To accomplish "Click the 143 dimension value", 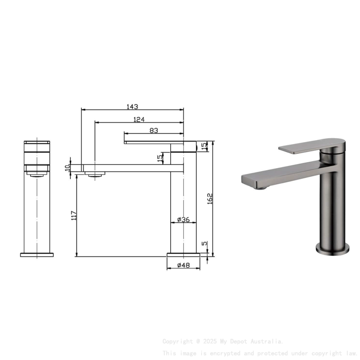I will (x=132, y=107).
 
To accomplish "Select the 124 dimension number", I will (x=139, y=119).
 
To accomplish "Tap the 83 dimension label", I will (x=154, y=131).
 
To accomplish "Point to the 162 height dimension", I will (x=210, y=198).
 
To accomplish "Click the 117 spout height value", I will (x=74, y=216).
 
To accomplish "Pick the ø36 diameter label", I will (x=183, y=219).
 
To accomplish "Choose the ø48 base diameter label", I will (x=183, y=265).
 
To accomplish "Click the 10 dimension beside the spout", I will (x=67, y=167).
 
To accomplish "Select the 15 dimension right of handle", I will (x=204, y=146).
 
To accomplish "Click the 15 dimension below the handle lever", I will (x=160, y=158).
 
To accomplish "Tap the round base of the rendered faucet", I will (x=332, y=250).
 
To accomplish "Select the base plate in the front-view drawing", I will (x=37, y=255).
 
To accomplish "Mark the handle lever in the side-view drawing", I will (x=152, y=142).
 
